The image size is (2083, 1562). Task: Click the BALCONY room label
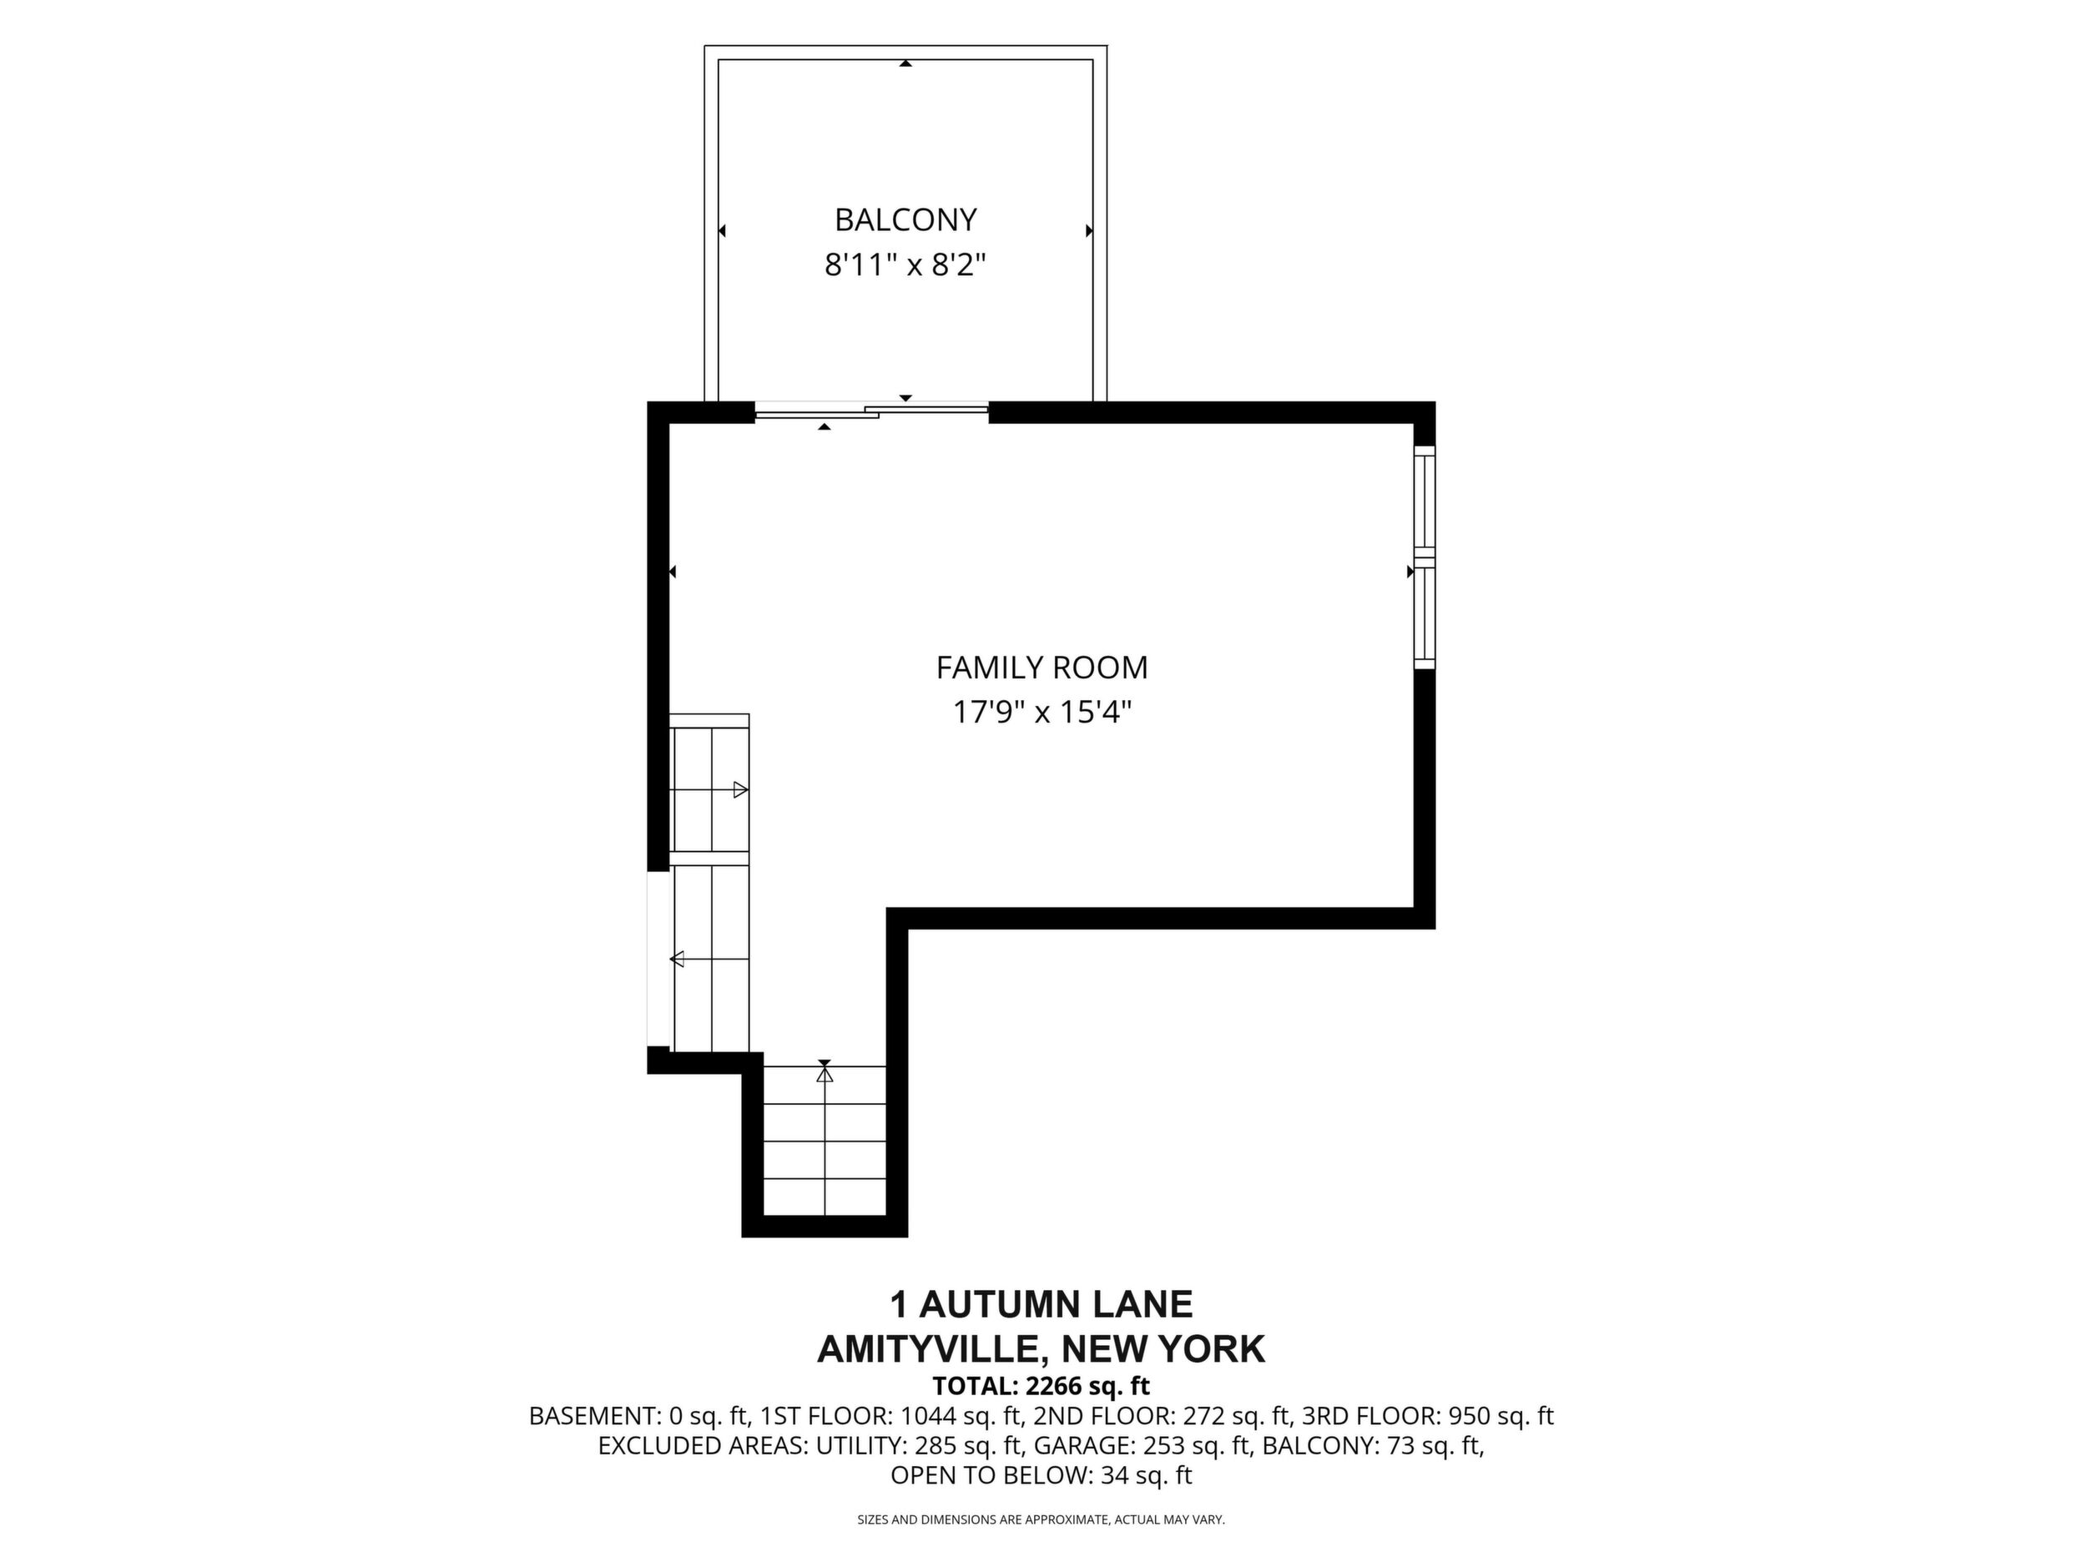tap(905, 219)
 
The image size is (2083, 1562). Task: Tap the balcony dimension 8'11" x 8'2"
tap(905, 265)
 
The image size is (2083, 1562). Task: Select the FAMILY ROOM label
tap(1041, 668)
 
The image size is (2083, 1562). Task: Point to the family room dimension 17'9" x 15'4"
tap(1041, 713)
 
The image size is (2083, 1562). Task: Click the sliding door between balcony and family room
tap(872, 411)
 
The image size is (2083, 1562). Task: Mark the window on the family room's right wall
tap(1425, 557)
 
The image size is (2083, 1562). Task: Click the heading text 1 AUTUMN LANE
tap(1041, 1305)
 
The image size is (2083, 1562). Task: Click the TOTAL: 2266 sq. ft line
tap(1041, 1386)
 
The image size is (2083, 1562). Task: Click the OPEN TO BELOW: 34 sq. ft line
tap(1041, 1475)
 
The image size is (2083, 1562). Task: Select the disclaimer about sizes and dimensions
tap(1041, 1519)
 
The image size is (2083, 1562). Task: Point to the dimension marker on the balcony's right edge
tap(1088, 230)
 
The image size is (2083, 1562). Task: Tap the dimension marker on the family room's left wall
tap(673, 572)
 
